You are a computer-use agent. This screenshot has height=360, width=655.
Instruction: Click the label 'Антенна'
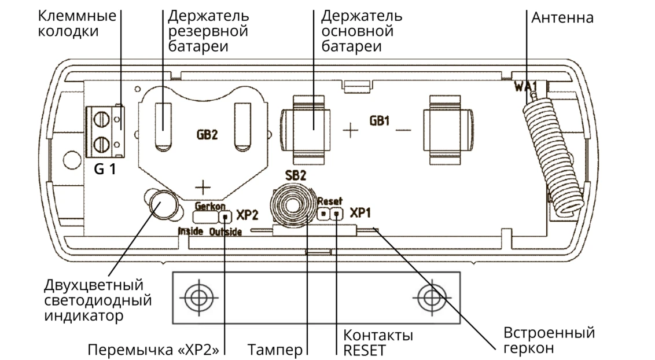pyautogui.click(x=562, y=18)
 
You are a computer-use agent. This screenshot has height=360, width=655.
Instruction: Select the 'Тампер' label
pyautogui.click(x=275, y=350)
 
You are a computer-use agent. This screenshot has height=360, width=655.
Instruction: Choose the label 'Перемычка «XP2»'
pyautogui.click(x=153, y=350)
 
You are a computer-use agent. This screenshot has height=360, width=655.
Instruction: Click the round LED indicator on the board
pyautogui.click(x=161, y=204)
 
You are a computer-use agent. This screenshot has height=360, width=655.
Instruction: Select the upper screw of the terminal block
pyautogui.click(x=102, y=121)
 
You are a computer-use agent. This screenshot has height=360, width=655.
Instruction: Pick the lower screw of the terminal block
pyautogui.click(x=102, y=144)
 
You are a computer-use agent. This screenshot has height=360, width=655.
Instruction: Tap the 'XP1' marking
pyautogui.click(x=361, y=214)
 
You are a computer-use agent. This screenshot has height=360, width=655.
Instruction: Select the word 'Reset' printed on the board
pyautogui.click(x=330, y=201)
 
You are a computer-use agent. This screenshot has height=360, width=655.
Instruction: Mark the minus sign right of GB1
pyautogui.click(x=403, y=130)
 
